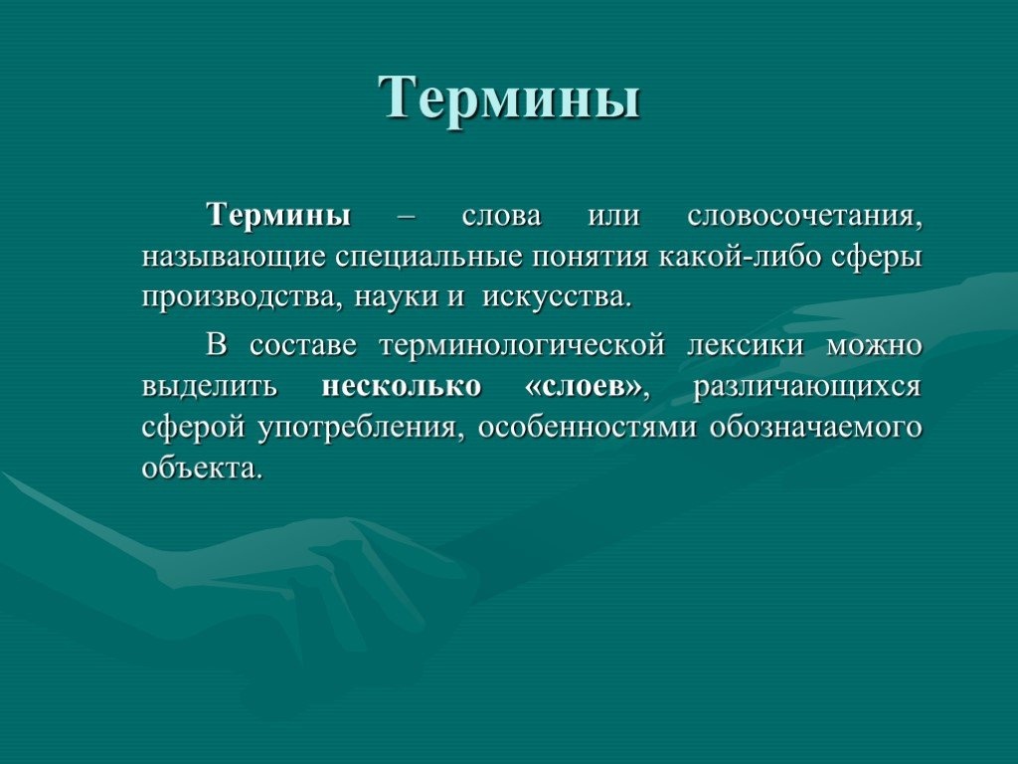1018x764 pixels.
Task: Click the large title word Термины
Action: [510, 97]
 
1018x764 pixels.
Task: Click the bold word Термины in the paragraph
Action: [279, 215]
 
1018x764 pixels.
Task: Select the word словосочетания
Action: [804, 216]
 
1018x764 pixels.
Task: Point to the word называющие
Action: [234, 258]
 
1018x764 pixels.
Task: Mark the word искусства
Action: [557, 298]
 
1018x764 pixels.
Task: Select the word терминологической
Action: [522, 345]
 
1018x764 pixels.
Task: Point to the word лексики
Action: [746, 345]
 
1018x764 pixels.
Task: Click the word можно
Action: [874, 345]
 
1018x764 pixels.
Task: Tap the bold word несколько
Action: [402, 387]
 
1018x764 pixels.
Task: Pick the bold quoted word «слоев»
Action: [583, 387]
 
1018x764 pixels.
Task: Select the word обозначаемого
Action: [815, 428]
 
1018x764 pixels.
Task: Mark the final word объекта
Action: [202, 469]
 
